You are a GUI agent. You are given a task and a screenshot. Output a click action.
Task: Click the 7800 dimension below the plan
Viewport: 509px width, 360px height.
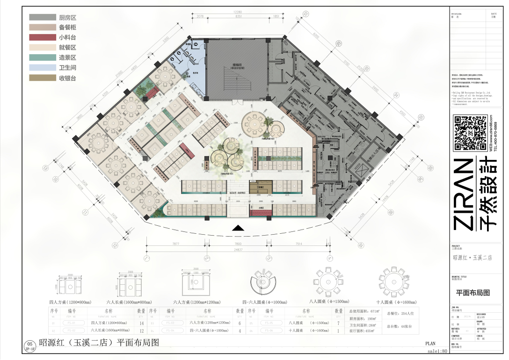[x=238, y=244]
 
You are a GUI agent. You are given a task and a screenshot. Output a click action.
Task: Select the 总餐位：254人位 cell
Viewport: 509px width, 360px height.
[x=397, y=313]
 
